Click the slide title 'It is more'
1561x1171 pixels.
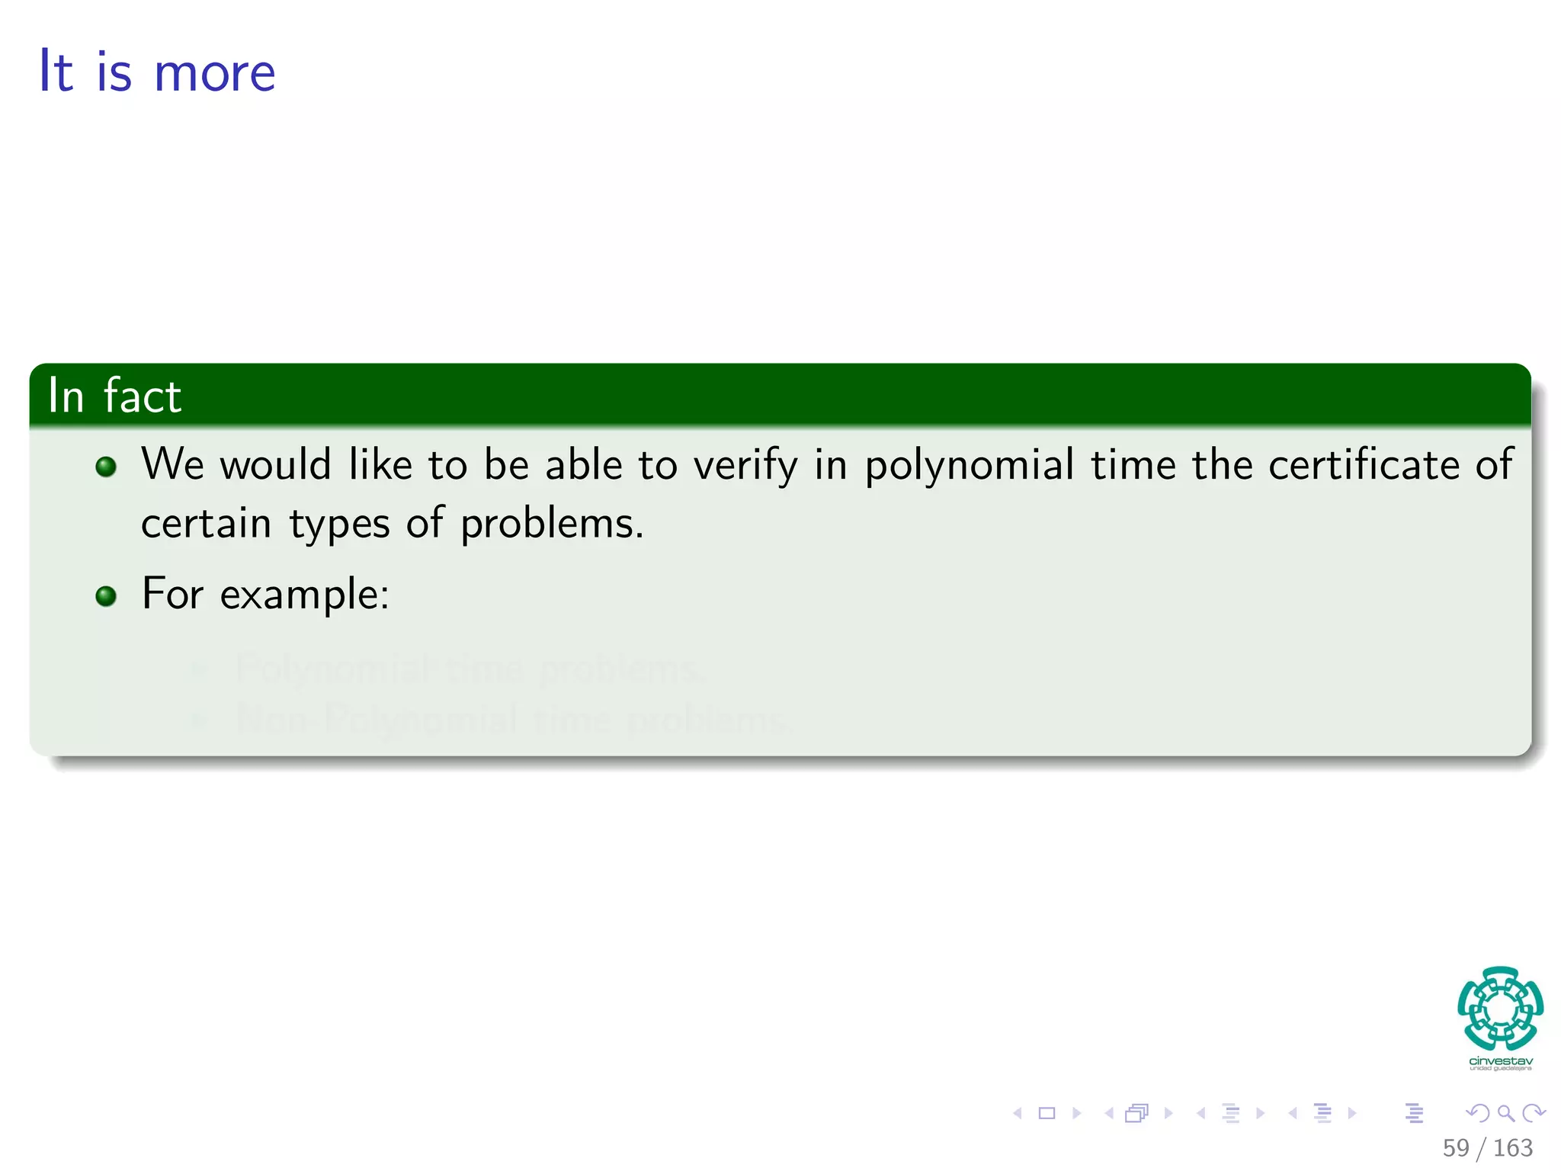pyautogui.click(x=157, y=72)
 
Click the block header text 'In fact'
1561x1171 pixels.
pyautogui.click(x=114, y=396)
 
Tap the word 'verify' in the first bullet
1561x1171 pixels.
pyautogui.click(x=745, y=465)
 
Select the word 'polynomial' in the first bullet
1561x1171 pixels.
pyautogui.click(x=969, y=465)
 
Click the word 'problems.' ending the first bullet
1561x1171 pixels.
pyautogui.click(x=552, y=525)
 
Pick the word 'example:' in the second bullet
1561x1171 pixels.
pyautogui.click(x=304, y=595)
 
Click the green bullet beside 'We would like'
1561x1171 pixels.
pyautogui.click(x=106, y=467)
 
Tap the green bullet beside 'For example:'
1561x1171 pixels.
pyautogui.click(x=106, y=595)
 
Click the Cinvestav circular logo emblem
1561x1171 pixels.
pyautogui.click(x=1500, y=1008)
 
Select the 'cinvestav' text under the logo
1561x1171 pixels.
pyautogui.click(x=1500, y=1060)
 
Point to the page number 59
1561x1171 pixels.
pyautogui.click(x=1455, y=1147)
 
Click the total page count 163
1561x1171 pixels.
pyautogui.click(x=1512, y=1147)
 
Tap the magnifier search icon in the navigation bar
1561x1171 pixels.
pyautogui.click(x=1505, y=1113)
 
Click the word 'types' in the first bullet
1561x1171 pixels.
pyautogui.click(x=339, y=525)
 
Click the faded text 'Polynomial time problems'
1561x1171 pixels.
pyautogui.click(x=466, y=669)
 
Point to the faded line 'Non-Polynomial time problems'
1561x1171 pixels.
pyautogui.click(x=512, y=719)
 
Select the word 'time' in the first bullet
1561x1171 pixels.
pyautogui.click(x=1133, y=465)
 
